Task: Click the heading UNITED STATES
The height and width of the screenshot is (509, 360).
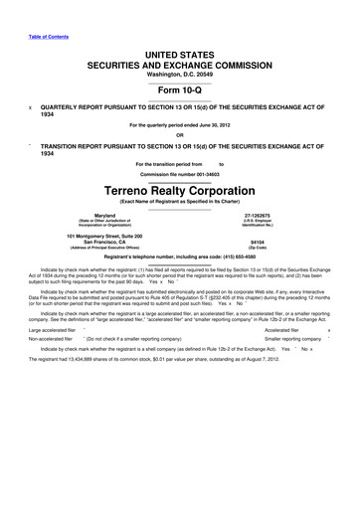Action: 180,50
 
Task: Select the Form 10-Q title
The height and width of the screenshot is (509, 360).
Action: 180,82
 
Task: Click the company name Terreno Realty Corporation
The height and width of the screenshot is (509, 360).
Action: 180,187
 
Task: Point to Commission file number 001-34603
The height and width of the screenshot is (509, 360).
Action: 180,174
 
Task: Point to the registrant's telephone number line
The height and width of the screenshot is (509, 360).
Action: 180,256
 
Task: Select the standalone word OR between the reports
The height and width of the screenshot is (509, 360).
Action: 180,135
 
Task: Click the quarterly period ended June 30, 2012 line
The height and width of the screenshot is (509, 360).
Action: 180,124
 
